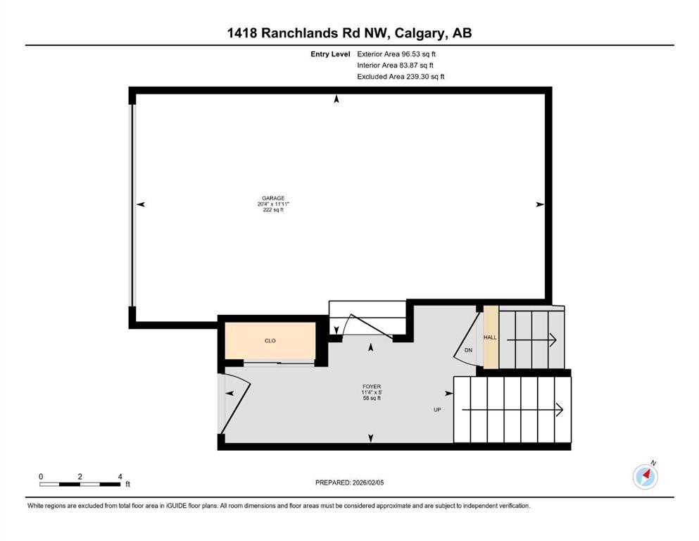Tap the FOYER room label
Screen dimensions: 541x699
pyautogui.click(x=372, y=387)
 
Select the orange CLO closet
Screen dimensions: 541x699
pyautogui.click(x=270, y=340)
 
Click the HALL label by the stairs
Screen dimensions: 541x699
pyautogui.click(x=490, y=337)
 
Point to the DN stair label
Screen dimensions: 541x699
pyautogui.click(x=468, y=350)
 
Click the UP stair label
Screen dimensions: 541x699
pyautogui.click(x=437, y=409)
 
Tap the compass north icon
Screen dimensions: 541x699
pyautogui.click(x=645, y=476)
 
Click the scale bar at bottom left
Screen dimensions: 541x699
pyautogui.click(x=80, y=484)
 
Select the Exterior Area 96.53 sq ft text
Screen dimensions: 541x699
pyautogui.click(x=401, y=54)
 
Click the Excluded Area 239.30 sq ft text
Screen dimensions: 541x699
pyautogui.click(x=401, y=77)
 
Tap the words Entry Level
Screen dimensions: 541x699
pyautogui.click(x=330, y=54)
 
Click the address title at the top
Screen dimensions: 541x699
pyautogui.click(x=349, y=33)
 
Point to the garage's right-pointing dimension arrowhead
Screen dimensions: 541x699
pyautogui.click(x=540, y=204)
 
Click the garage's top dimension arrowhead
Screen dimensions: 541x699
pyautogui.click(x=336, y=99)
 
